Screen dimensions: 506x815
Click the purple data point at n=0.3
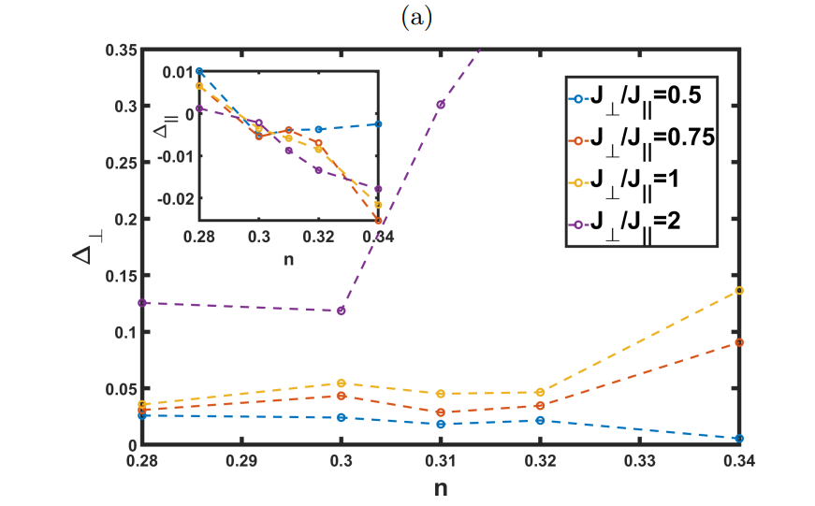(342, 311)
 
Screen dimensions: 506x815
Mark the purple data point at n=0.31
(441, 104)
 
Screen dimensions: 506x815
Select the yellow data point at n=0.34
(739, 290)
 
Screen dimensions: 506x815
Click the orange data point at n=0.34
(739, 342)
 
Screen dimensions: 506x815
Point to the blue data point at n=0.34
(739, 439)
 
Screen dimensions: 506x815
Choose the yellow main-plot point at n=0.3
(342, 383)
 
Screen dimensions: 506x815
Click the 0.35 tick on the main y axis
(119, 50)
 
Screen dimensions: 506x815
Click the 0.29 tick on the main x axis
(241, 461)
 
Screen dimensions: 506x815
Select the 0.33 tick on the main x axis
(640, 461)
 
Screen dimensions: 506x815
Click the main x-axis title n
(440, 487)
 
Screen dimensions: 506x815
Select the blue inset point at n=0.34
(378, 123)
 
